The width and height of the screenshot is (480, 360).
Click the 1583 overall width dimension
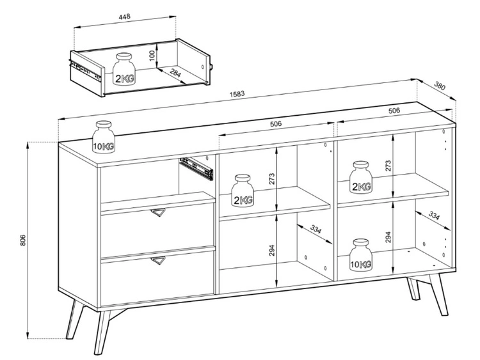point(237,94)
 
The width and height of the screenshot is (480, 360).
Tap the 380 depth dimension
point(440,86)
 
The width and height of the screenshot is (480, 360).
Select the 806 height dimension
point(22,240)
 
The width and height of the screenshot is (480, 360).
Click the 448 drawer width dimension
point(125,16)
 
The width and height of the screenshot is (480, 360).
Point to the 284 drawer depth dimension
point(175,74)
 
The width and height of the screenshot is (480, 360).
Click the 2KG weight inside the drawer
point(125,69)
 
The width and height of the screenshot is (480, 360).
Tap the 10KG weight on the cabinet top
point(104,136)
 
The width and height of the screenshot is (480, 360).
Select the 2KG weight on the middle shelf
point(243,191)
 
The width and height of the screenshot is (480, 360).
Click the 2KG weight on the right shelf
point(361,177)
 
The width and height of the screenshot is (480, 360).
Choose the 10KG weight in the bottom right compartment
point(360,254)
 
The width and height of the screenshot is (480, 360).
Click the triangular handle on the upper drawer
point(158,213)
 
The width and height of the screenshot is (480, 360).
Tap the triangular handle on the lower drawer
point(158,261)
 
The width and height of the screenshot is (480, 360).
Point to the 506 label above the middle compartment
point(275,124)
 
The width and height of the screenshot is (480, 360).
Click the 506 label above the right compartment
point(394,111)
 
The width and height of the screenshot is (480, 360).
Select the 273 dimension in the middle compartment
point(272,178)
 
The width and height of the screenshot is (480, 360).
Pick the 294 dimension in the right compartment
point(388,237)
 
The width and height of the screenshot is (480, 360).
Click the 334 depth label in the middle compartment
point(316,229)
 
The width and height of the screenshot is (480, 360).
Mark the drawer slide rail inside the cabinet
point(196,169)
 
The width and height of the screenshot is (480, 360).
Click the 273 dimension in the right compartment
point(388,166)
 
